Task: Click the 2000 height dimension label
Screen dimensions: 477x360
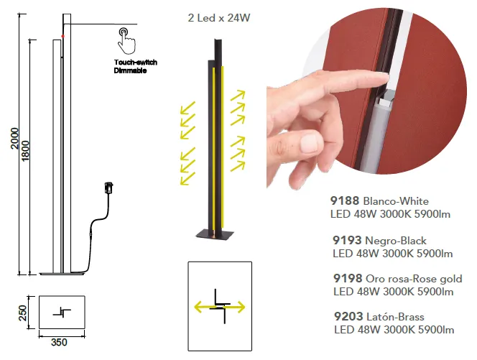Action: [x=14, y=139]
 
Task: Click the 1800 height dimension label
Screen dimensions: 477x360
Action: [x=25, y=151]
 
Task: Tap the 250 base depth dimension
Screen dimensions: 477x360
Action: [x=23, y=313]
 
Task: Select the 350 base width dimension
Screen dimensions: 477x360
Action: [x=59, y=342]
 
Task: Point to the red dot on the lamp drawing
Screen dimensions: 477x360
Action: [x=63, y=36]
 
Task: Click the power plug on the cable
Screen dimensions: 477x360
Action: [x=108, y=187]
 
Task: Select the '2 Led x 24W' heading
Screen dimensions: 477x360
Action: [x=219, y=18]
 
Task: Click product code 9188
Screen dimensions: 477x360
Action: [x=345, y=201]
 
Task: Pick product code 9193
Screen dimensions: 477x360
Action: [x=347, y=241]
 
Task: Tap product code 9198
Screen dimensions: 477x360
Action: [x=348, y=279]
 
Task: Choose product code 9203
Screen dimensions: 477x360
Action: [x=348, y=316]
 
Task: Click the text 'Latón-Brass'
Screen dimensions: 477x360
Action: [x=396, y=317]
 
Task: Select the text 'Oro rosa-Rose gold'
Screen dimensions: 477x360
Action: [x=414, y=279]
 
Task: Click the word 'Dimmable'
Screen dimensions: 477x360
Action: [x=130, y=70]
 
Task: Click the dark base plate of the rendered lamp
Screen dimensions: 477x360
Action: [x=215, y=235]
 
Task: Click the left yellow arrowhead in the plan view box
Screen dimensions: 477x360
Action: [x=198, y=307]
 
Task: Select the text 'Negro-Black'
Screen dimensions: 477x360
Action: [x=396, y=241]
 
